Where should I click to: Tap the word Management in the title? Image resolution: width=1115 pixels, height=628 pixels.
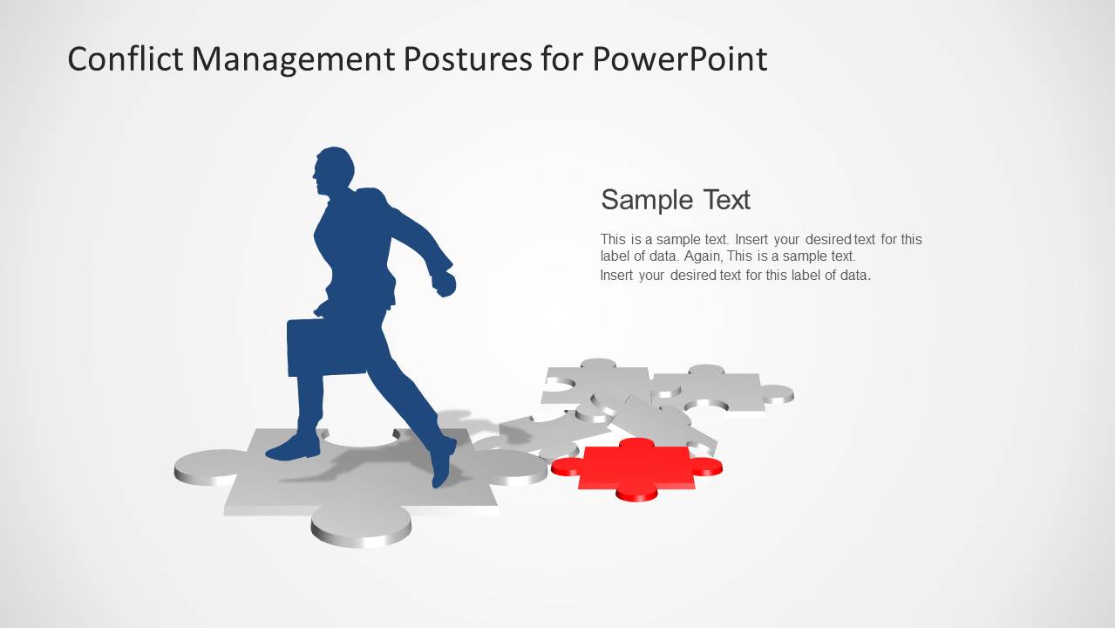(293, 59)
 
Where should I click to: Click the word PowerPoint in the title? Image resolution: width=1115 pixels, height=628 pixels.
(680, 59)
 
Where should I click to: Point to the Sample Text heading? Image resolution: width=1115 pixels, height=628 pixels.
(676, 200)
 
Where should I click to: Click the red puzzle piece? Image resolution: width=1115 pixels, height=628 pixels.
(636, 467)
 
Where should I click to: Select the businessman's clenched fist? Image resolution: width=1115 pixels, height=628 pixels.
(445, 283)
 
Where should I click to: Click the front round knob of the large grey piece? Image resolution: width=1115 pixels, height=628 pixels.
(361, 525)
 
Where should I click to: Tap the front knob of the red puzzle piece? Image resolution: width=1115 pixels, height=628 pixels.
(636, 493)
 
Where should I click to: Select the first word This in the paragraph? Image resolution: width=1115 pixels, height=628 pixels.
(613, 239)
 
